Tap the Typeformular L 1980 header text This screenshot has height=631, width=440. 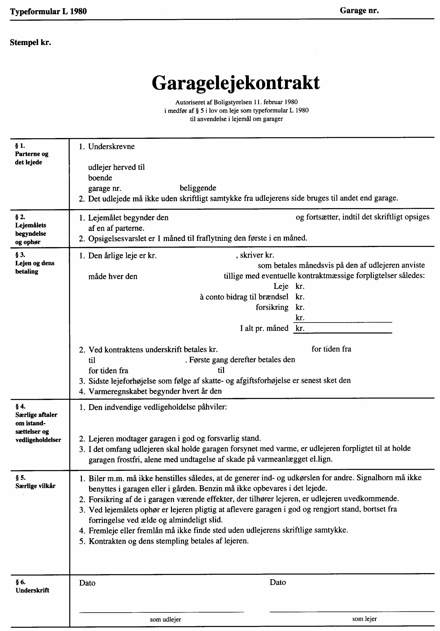point(48,11)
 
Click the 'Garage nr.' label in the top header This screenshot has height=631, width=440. point(359,11)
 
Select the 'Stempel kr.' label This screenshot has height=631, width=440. point(31,43)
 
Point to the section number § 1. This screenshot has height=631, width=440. point(20,146)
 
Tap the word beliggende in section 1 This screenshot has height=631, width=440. point(198,188)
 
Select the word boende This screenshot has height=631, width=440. point(100,178)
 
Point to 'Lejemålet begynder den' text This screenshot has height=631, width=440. point(128,218)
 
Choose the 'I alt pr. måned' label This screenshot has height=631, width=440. point(264,328)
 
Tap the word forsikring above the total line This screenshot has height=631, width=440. point(272,307)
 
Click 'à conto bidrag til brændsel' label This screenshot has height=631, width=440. point(244,297)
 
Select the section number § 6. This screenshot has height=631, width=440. point(21,582)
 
